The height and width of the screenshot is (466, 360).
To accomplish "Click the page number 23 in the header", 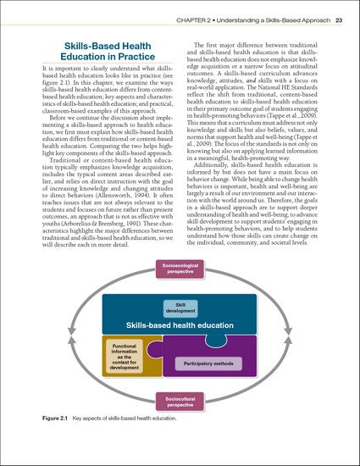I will click(x=339, y=19).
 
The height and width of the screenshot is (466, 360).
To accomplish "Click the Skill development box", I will click(x=180, y=308).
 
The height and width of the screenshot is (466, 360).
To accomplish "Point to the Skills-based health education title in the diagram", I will click(x=180, y=325).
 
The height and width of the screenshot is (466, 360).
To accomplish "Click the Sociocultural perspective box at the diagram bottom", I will click(x=180, y=402).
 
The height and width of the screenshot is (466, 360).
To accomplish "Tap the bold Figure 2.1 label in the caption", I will click(x=55, y=419).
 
